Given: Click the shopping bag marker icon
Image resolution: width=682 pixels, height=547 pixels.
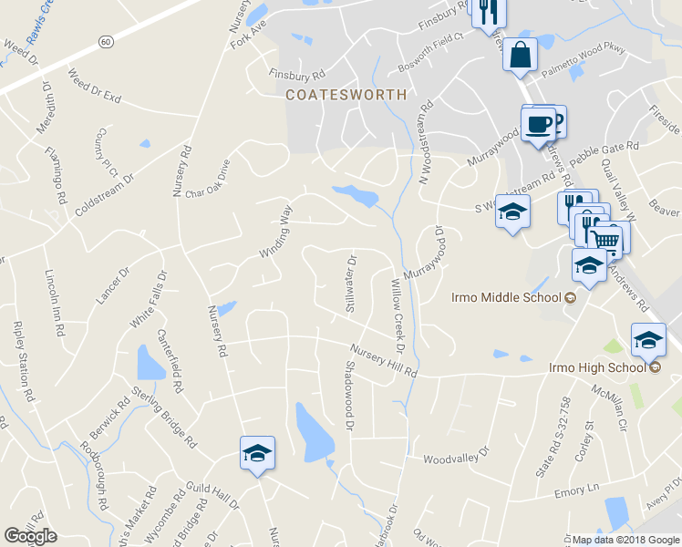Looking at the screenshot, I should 519,54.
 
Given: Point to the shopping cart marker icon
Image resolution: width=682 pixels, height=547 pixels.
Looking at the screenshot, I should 604,239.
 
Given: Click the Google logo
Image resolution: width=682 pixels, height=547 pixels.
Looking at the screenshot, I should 30,536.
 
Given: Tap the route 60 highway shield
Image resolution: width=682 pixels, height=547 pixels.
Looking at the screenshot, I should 107,42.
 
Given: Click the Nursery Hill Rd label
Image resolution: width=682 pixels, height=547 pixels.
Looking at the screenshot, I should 383,361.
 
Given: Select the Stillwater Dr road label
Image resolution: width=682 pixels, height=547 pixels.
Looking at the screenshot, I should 352,284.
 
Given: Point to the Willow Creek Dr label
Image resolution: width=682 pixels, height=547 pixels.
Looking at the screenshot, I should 397,316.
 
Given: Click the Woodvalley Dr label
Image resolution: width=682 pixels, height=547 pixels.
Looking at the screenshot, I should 457,453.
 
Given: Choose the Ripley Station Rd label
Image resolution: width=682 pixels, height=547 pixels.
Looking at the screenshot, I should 23,362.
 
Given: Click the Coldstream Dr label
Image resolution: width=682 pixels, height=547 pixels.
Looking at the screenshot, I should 104,190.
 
